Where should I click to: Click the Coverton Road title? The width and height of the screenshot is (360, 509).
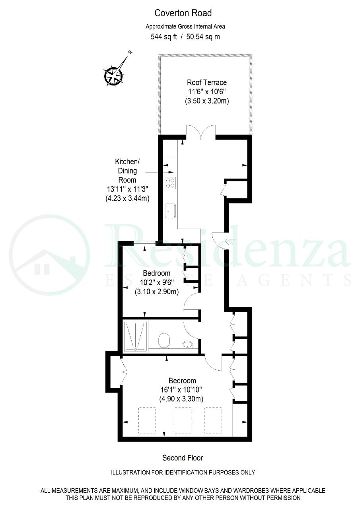pyautogui.click(x=183, y=13)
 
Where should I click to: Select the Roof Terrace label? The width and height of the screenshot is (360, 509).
pyautogui.click(x=207, y=82)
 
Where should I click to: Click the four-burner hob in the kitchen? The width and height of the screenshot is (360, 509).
pyautogui.click(x=170, y=183)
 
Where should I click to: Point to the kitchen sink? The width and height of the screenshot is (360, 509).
pyautogui.click(x=170, y=211)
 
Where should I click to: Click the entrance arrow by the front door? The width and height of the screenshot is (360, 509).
pyautogui.click(x=231, y=241)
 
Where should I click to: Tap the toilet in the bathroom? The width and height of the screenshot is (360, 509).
pyautogui.click(x=164, y=340)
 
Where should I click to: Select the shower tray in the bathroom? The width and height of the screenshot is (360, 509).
pyautogui.click(x=135, y=336)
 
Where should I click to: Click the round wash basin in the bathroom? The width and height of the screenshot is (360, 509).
pyautogui.click(x=187, y=344)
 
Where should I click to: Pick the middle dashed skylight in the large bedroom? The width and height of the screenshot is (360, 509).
pyautogui.click(x=183, y=420)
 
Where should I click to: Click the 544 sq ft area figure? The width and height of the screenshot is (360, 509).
pyautogui.click(x=163, y=37)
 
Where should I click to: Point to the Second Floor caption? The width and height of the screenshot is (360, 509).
pyautogui.click(x=183, y=458)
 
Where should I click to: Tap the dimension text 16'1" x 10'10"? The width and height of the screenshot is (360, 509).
pyautogui.click(x=181, y=390)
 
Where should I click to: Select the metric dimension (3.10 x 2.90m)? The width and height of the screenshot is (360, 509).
pyautogui.click(x=157, y=291)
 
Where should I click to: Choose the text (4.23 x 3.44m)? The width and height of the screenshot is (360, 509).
pyautogui.click(x=127, y=198)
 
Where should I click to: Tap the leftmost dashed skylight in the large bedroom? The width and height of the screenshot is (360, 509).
pyautogui.click(x=147, y=420)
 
